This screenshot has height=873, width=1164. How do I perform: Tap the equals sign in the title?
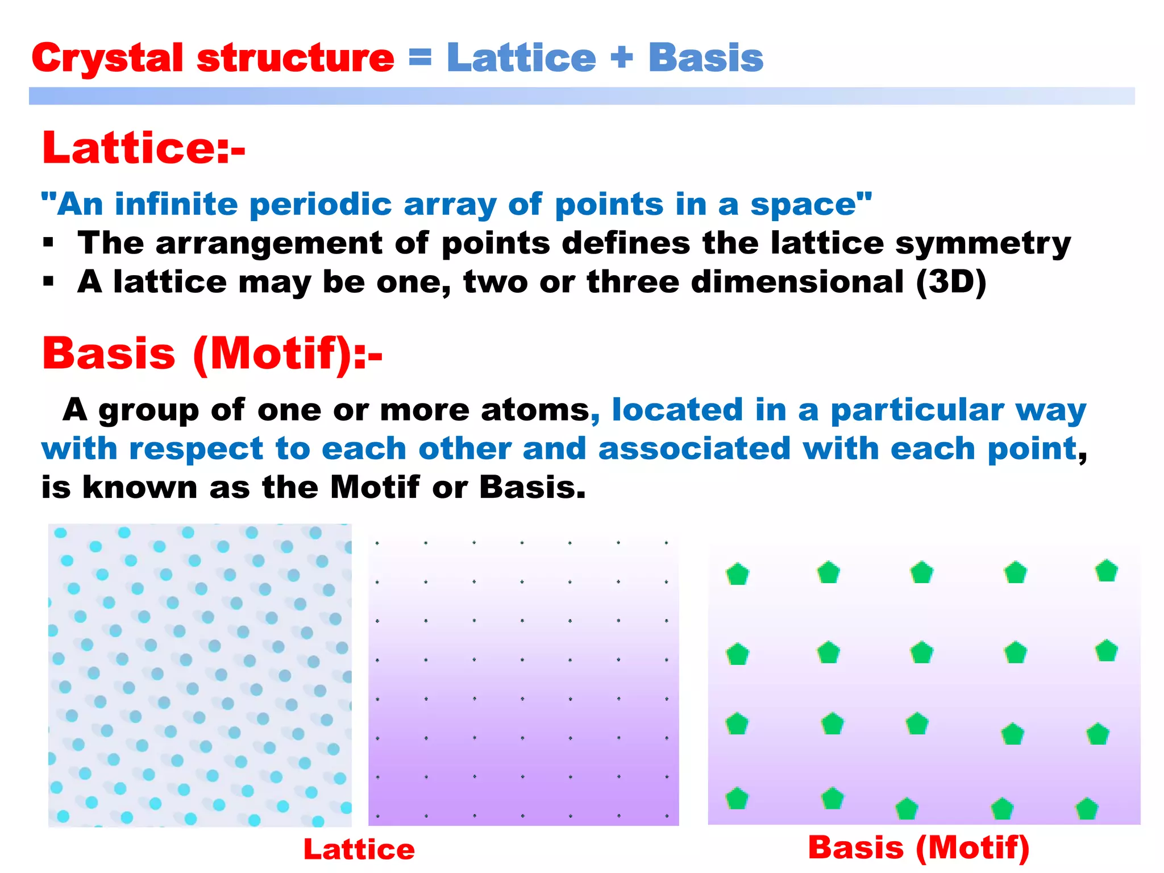coord(420,57)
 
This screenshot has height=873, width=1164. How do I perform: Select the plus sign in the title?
coord(622,57)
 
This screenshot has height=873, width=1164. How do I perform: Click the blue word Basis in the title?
coord(705,59)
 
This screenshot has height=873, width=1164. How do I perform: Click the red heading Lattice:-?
coord(143,148)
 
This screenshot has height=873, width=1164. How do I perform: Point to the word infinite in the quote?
coord(176,204)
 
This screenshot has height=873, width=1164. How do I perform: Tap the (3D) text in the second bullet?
coord(951,282)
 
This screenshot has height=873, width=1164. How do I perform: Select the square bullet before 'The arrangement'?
coord(48,243)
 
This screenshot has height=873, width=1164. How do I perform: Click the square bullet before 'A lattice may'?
coord(48,281)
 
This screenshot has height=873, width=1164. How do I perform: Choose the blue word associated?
coord(694,449)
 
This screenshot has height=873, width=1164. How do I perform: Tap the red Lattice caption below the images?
coord(359,850)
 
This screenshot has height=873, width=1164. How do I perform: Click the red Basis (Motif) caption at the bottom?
coord(918,847)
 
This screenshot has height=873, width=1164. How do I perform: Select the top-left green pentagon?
coord(737,574)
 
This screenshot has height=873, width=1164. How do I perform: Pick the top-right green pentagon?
coord(1106,571)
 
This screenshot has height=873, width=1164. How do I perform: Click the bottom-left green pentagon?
coord(737,799)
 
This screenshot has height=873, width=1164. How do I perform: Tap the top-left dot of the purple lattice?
coord(377,543)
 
